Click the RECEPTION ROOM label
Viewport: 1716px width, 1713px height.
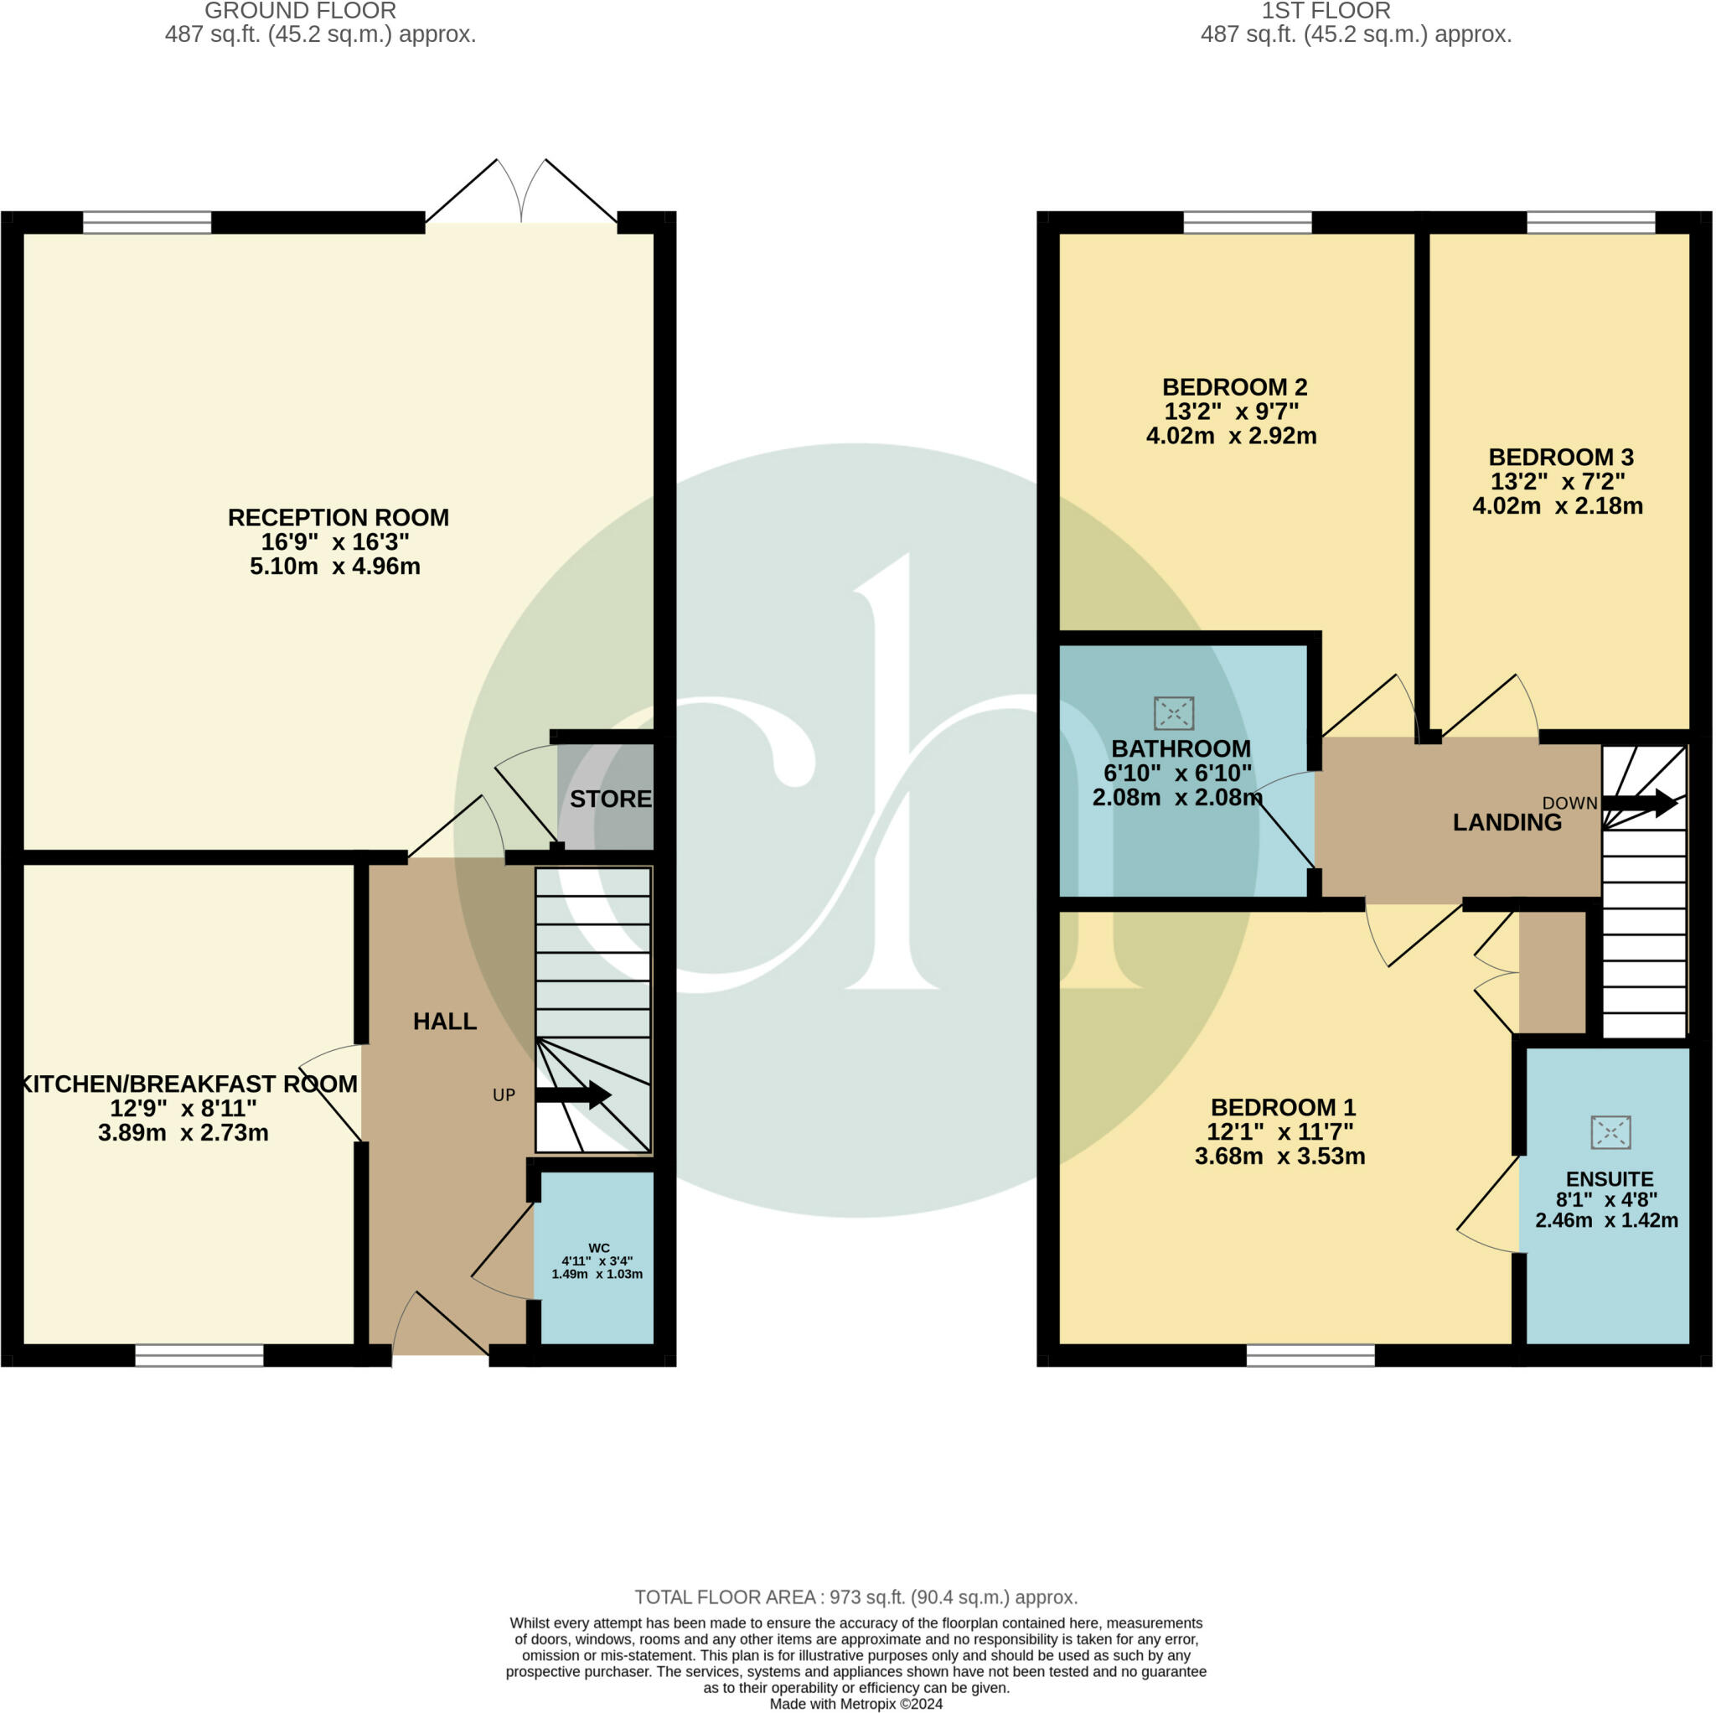[x=339, y=517]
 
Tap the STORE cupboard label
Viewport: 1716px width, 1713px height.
[x=610, y=799]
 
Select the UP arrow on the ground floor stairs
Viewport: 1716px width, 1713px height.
[x=574, y=1095]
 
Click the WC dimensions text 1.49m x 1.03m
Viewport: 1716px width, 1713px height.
[x=597, y=1273]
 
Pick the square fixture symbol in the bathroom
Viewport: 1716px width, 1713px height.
[x=1173, y=712]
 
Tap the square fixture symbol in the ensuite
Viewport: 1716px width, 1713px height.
[x=1610, y=1131]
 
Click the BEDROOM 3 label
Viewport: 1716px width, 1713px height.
[x=1560, y=457]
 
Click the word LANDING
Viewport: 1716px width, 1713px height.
[x=1507, y=823]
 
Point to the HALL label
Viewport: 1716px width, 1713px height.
[x=445, y=1021]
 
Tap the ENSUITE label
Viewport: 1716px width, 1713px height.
[x=1610, y=1179]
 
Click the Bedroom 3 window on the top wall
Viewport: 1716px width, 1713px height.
[x=1591, y=221]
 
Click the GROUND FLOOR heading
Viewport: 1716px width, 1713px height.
[x=300, y=12]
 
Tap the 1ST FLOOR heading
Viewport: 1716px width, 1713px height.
[x=1326, y=12]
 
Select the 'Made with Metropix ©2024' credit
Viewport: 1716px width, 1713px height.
[x=856, y=1703]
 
